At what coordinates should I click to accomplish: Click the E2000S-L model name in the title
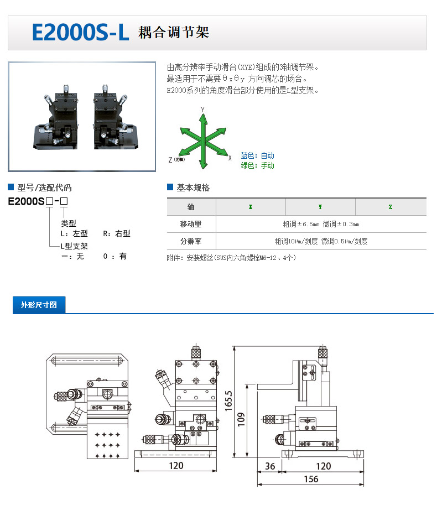(81, 33)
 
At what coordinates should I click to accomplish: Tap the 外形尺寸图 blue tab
(39, 305)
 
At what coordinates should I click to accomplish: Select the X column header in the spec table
(251, 207)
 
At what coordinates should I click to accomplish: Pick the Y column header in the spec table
(320, 207)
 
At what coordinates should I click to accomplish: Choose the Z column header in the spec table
(391, 207)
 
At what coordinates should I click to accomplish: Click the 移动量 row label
(191, 224)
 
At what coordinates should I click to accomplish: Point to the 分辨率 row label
(191, 241)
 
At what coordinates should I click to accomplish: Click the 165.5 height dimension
(228, 400)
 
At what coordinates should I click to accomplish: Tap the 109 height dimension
(241, 420)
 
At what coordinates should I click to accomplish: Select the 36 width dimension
(270, 466)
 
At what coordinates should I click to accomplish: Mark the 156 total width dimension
(311, 479)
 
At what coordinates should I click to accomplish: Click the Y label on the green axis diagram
(202, 110)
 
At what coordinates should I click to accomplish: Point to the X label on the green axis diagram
(230, 158)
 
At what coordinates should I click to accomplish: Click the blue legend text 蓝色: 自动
(258, 155)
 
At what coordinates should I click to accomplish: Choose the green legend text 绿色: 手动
(258, 165)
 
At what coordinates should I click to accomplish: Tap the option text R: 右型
(117, 233)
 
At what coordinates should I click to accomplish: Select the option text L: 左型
(74, 233)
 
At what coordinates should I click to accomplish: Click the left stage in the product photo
(56, 118)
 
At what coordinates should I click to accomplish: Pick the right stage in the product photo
(115, 118)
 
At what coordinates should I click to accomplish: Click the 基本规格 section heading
(193, 188)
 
